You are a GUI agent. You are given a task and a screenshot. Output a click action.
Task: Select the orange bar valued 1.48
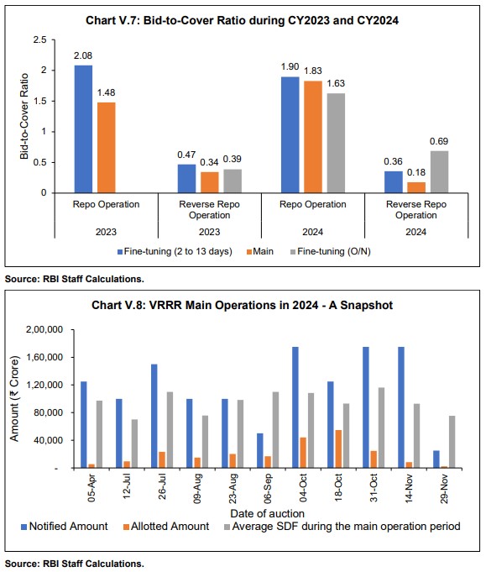pyautogui.click(x=106, y=147)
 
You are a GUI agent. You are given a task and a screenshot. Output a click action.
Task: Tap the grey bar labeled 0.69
pyautogui.click(x=439, y=171)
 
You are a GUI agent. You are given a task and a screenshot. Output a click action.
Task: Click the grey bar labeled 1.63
pyautogui.click(x=335, y=143)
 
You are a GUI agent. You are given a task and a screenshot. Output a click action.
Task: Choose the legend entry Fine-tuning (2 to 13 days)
pyautogui.click(x=138, y=251)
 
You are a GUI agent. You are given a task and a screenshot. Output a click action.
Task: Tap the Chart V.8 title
pyautogui.click(x=242, y=305)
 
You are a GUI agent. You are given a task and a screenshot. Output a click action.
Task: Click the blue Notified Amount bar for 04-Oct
pyautogui.click(x=295, y=407)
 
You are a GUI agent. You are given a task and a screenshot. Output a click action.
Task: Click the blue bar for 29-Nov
pyautogui.click(x=435, y=459)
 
